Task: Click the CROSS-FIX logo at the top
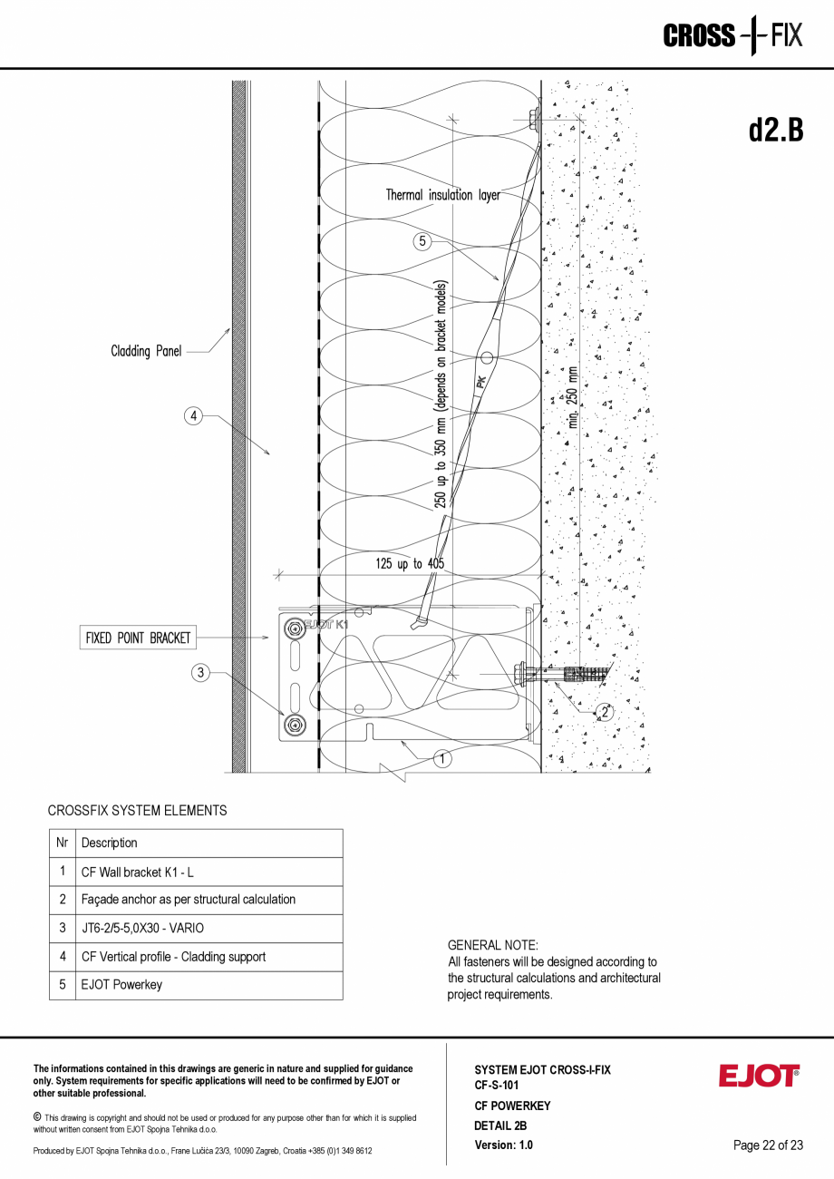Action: point(732,36)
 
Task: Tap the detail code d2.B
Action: point(775,131)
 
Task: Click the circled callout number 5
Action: point(422,241)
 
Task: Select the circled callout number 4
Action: point(192,416)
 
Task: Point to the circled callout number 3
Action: point(201,672)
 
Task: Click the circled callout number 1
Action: point(441,759)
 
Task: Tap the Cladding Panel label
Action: point(146,351)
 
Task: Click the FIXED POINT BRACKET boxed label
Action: point(138,638)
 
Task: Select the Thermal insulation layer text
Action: point(442,195)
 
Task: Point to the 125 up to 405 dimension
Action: point(410,564)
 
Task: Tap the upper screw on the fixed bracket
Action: point(294,627)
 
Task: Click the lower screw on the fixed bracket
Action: point(294,724)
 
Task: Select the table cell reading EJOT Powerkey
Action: point(121,985)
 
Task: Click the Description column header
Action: point(110,843)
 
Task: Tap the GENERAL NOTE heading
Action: point(493,945)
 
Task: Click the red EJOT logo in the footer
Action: point(759,1076)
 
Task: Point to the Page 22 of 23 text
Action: point(768,1145)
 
